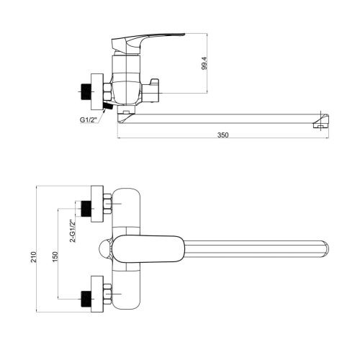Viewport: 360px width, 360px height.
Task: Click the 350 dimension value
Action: (x=223, y=135)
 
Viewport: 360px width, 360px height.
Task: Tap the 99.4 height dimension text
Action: (x=204, y=63)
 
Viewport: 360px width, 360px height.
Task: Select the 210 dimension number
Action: (x=34, y=257)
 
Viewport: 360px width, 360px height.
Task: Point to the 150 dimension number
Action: (x=55, y=257)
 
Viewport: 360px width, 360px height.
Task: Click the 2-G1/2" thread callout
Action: (x=73, y=231)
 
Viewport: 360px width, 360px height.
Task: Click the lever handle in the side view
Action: (x=146, y=42)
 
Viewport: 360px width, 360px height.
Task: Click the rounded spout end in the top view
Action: (x=325, y=249)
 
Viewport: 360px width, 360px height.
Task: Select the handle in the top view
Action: (x=148, y=248)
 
